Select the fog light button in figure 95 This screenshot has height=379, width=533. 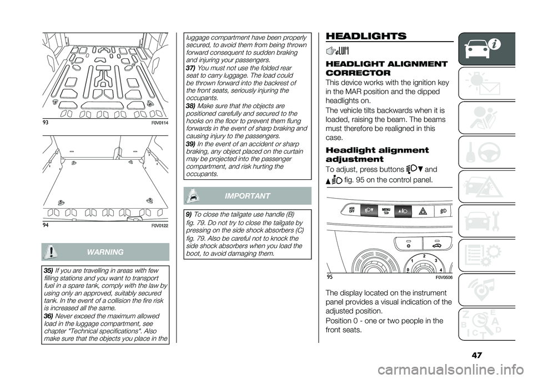[443, 211]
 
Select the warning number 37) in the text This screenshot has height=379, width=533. [189, 68]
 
